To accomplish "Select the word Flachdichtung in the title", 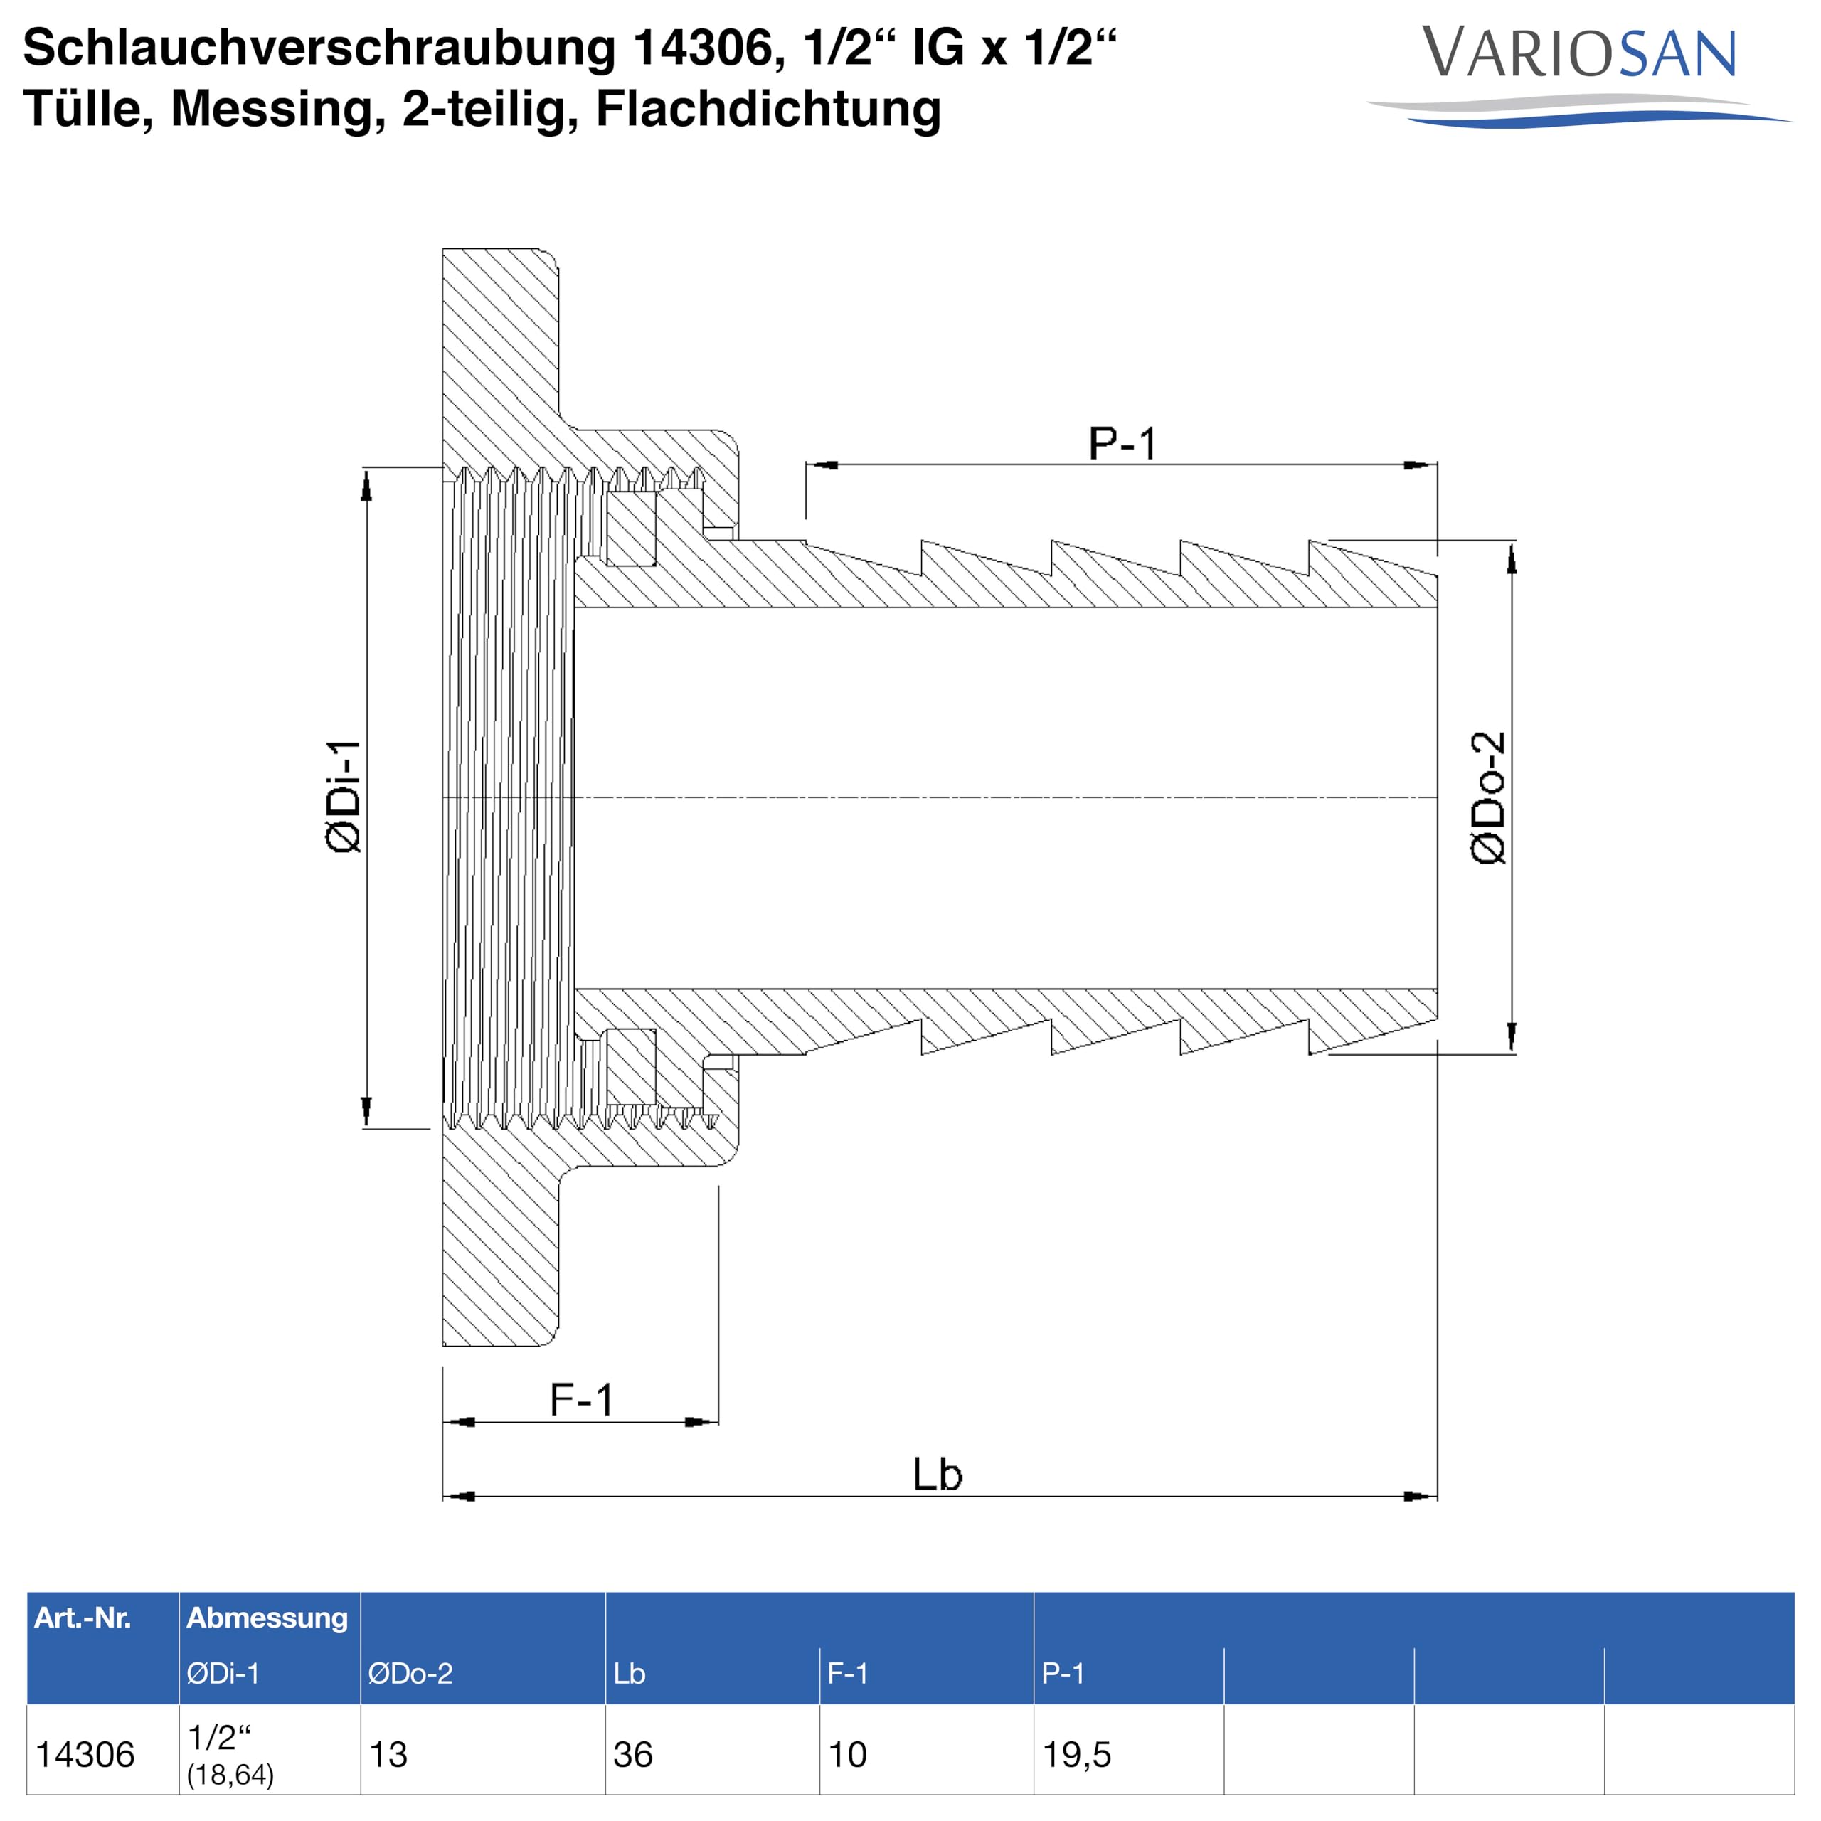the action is (x=768, y=108).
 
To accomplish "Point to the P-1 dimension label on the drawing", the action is (x=1122, y=443).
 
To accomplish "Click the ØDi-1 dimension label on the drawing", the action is (x=343, y=797).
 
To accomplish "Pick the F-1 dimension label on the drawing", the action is (x=582, y=1400).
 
